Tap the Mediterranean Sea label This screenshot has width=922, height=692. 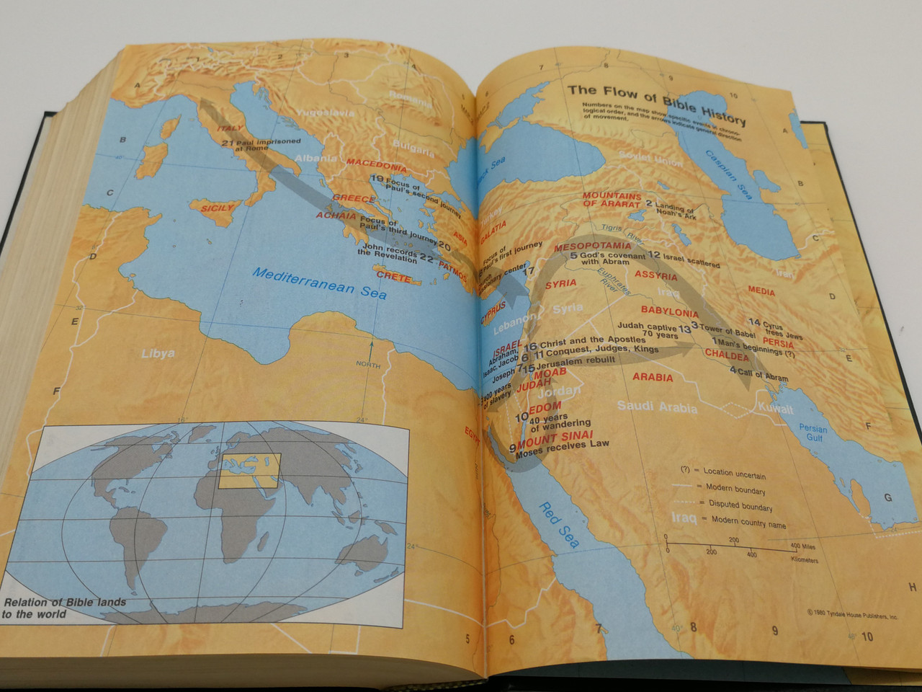click(x=320, y=282)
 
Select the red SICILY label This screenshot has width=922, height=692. click(x=218, y=208)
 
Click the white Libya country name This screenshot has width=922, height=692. click(x=158, y=353)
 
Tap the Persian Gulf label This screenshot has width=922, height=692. click(x=813, y=432)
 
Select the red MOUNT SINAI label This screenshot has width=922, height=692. click(x=555, y=438)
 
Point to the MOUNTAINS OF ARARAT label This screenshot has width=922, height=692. click(x=612, y=200)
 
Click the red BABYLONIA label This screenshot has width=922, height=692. click(x=669, y=312)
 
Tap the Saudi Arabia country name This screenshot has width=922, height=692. click(x=657, y=407)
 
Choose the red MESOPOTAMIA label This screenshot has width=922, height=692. click(x=592, y=247)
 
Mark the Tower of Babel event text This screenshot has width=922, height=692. click(x=728, y=329)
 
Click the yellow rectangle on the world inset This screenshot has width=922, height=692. click(x=249, y=471)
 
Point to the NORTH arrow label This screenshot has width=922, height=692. click(x=368, y=365)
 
